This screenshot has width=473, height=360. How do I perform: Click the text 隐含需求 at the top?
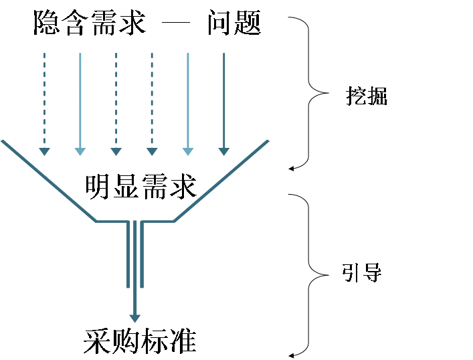coord(90,23)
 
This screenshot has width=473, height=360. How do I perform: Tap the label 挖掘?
coord(367,97)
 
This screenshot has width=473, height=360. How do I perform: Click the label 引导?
coord(362,274)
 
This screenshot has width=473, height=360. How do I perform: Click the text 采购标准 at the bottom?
coord(140,341)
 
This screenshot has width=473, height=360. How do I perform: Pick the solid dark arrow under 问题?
coord(223,100)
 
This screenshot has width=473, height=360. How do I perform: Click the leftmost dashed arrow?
coord(44,100)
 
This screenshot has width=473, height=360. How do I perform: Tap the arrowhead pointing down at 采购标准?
coord(136,315)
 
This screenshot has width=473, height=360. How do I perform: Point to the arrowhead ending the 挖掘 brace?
coord(292,169)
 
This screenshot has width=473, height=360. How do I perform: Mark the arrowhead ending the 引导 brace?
coord(292,355)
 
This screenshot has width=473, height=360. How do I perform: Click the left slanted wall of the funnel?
coord(47,179)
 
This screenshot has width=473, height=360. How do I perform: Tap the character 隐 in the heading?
coord(46,23)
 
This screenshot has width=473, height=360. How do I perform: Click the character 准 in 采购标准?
coord(183,341)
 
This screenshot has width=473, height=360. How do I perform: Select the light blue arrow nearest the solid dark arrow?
coord(187,100)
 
